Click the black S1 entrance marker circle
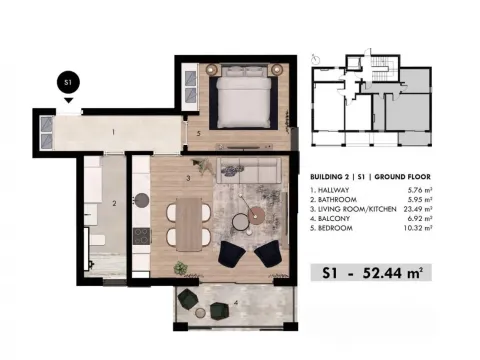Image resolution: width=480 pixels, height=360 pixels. coord(68,83)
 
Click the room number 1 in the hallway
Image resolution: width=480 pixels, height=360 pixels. coord(114,131)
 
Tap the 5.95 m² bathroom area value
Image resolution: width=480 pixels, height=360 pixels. coord(419,200)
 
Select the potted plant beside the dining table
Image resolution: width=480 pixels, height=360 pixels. coord(181,268)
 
